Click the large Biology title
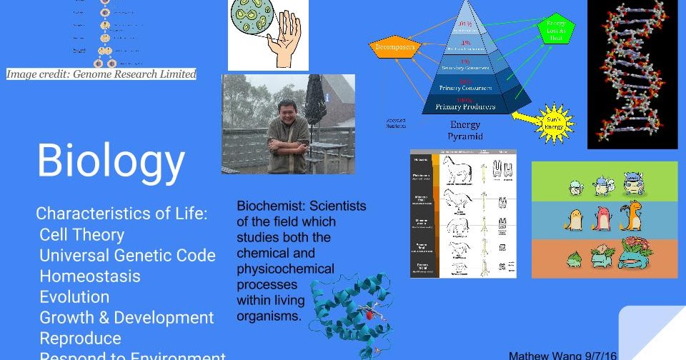[111, 161]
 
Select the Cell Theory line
[81, 235]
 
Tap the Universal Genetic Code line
[127, 256]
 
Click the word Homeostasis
[90, 276]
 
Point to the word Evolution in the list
[74, 297]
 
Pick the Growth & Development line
[126, 318]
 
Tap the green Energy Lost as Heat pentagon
[556, 30]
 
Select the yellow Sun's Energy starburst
[555, 119]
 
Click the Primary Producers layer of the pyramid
[465, 106]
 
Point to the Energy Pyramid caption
[465, 130]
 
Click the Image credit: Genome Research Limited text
[101, 74]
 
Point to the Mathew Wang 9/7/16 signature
[562, 355]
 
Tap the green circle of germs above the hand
[254, 25]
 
